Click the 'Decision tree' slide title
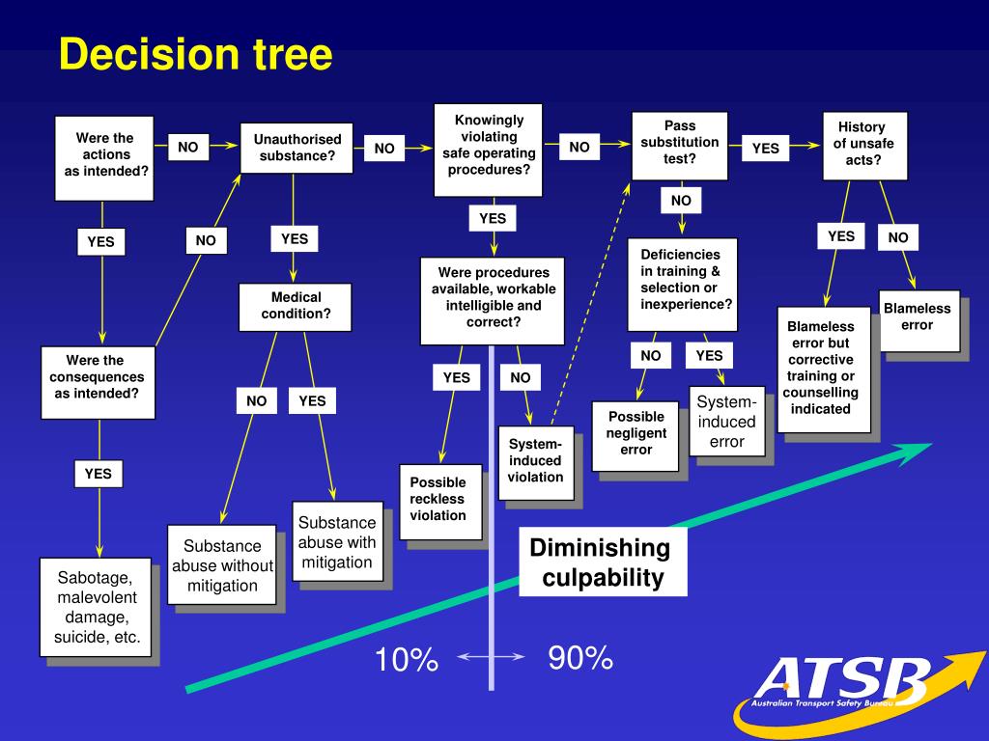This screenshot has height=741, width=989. pyautogui.click(x=195, y=55)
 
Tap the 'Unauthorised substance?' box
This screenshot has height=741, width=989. pyautogui.click(x=297, y=148)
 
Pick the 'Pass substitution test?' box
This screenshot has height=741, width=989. pyautogui.click(x=679, y=145)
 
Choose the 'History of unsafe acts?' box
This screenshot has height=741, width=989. pyautogui.click(x=864, y=145)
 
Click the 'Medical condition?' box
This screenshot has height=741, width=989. pyautogui.click(x=295, y=306)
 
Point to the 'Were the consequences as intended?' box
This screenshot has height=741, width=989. pyautogui.click(x=98, y=381)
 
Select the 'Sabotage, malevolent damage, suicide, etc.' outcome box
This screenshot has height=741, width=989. pyautogui.click(x=96, y=607)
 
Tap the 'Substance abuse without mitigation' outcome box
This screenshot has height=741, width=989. pyautogui.click(x=221, y=564)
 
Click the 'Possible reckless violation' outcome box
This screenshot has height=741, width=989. pyautogui.click(x=438, y=499)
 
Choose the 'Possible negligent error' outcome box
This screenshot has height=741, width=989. pyautogui.click(x=636, y=433)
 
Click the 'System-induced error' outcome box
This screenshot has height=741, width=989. pyautogui.click(x=726, y=422)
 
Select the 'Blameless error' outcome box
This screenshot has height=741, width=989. pyautogui.click(x=918, y=318)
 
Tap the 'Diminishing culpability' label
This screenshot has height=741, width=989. pyautogui.click(x=602, y=563)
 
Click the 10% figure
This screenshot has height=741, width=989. pyautogui.click(x=407, y=661)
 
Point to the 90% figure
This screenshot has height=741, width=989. pyautogui.click(x=580, y=658)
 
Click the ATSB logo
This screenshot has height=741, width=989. pyautogui.click(x=855, y=687)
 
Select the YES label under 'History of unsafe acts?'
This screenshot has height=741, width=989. pyautogui.click(x=840, y=236)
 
